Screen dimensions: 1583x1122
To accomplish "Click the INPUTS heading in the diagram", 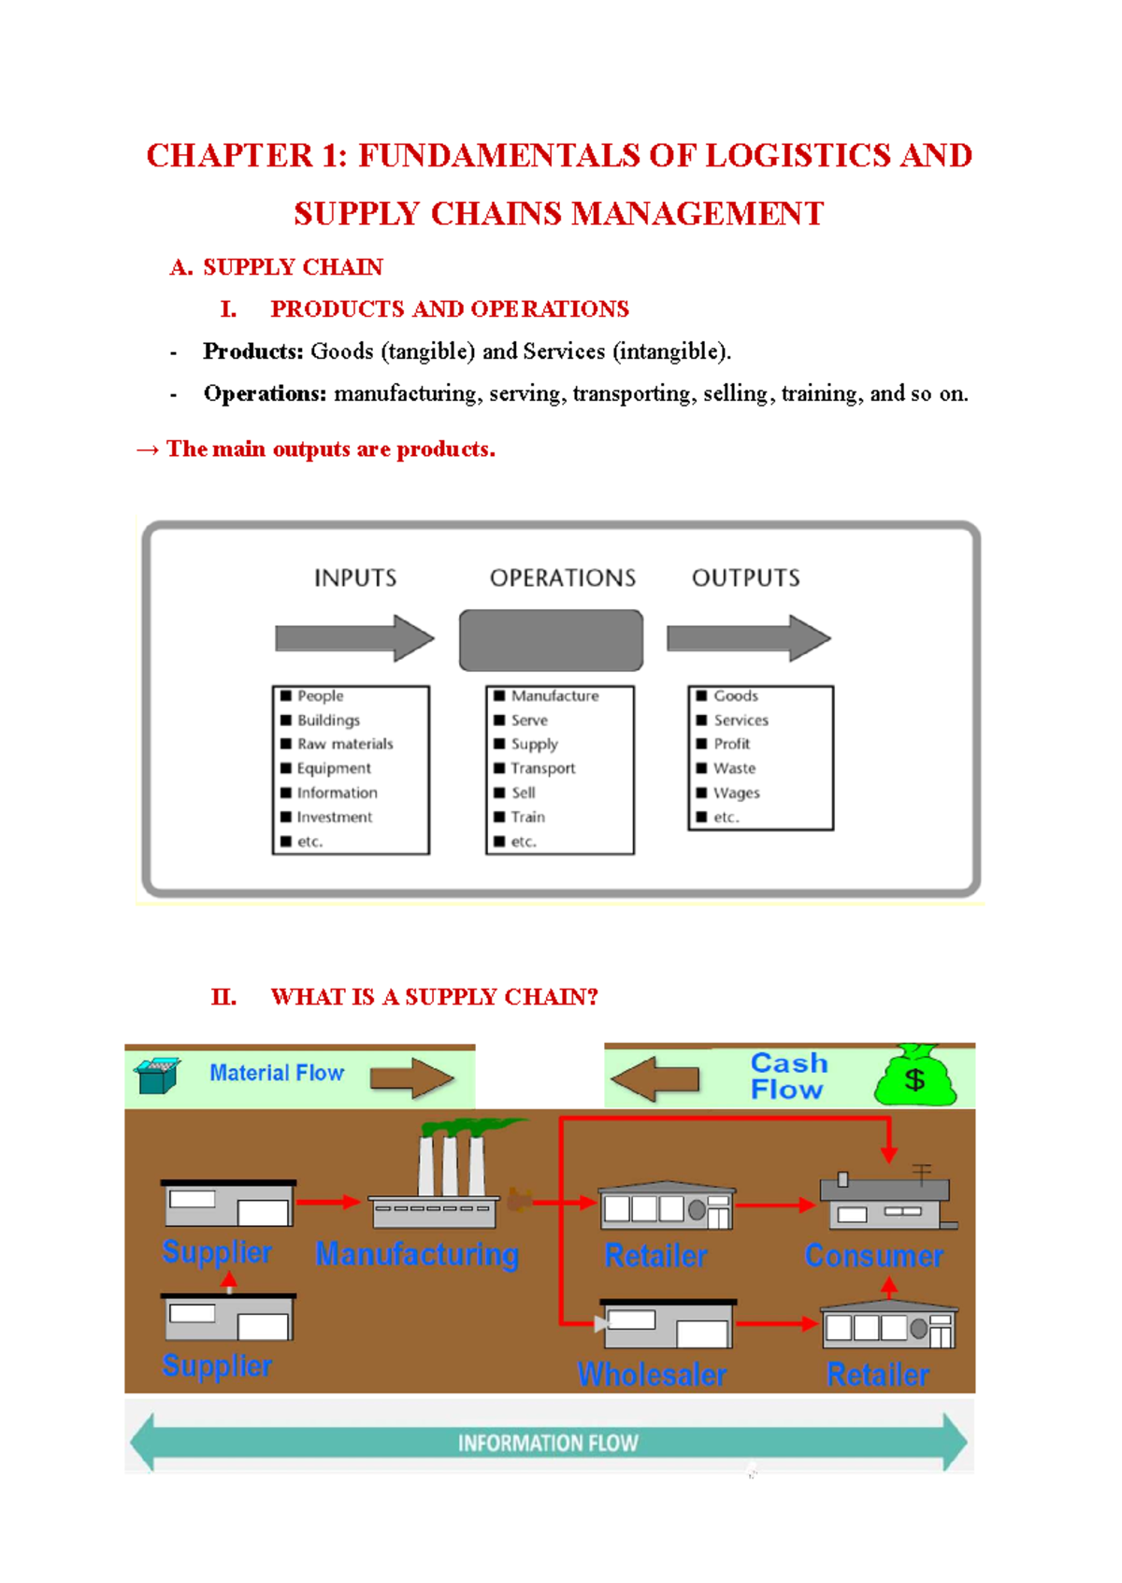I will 355,578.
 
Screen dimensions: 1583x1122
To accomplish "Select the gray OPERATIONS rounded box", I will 551,640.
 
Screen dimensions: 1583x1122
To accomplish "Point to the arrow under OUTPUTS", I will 748,638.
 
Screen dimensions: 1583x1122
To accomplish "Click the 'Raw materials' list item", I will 344,744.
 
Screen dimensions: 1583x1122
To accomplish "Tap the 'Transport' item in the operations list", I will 542,768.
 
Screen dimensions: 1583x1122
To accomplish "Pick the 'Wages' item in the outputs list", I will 736,792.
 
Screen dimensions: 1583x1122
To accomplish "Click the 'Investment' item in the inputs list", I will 334,817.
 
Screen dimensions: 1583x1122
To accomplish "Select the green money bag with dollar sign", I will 915,1077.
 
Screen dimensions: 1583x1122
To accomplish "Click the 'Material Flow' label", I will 277,1073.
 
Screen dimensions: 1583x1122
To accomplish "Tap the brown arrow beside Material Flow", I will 411,1078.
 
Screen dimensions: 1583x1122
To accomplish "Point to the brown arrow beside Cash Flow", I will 655,1079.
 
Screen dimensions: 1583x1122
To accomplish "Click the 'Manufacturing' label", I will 417,1254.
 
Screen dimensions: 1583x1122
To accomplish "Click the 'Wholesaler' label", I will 652,1375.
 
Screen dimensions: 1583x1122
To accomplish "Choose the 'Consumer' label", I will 874,1256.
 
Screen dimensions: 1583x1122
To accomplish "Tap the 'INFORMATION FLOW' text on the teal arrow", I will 548,1444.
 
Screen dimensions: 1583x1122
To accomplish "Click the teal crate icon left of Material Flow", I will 156,1076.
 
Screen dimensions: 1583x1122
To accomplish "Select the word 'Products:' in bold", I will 253,351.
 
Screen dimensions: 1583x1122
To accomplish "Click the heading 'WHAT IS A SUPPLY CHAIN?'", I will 434,997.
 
